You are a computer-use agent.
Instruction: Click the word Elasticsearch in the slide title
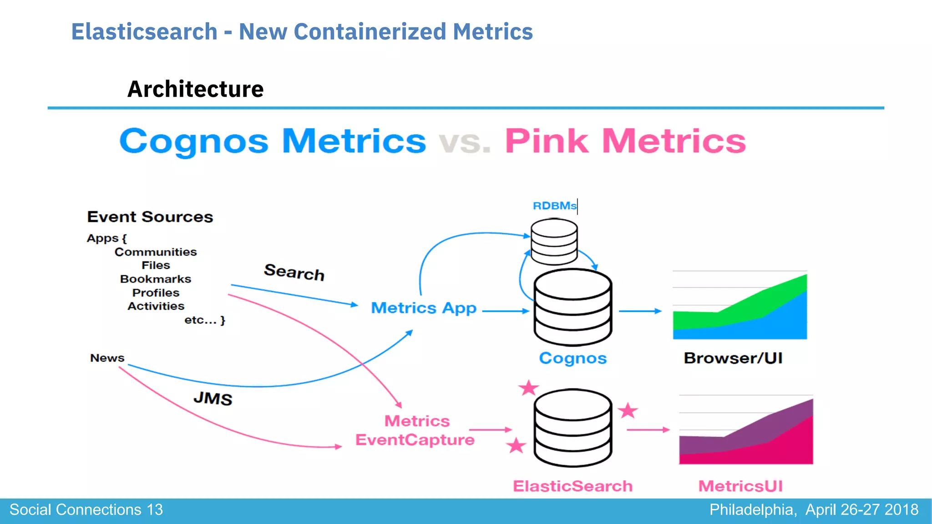(144, 32)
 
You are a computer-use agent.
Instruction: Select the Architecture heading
(195, 89)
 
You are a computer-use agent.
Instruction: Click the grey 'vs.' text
(465, 142)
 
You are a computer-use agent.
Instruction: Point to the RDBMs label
(554, 206)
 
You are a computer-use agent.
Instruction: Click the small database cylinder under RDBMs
(554, 242)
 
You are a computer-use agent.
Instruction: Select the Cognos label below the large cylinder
(572, 358)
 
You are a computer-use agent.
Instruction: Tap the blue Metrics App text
(424, 308)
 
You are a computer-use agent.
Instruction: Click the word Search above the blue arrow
(294, 272)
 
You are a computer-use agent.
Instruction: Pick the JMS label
(213, 398)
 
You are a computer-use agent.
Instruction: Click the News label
(107, 358)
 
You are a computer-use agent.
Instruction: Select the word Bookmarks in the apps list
(156, 279)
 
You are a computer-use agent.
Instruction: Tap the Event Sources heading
(150, 217)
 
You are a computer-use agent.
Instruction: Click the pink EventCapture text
(415, 440)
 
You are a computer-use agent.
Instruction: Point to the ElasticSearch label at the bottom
(572, 486)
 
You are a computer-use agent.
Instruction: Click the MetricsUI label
(740, 486)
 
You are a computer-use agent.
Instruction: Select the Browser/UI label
(733, 358)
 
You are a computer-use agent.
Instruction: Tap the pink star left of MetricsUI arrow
(628, 410)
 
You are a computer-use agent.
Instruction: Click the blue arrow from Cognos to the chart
(639, 311)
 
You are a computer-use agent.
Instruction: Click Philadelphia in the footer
(753, 509)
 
